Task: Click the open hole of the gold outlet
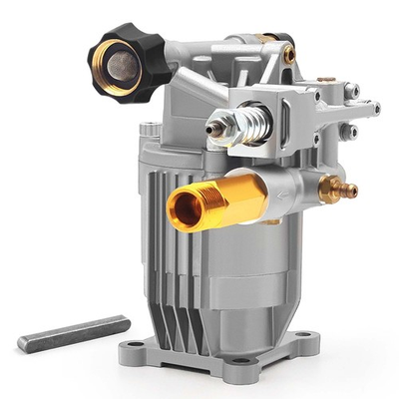click(x=185, y=207)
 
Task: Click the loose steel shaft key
click(x=74, y=332)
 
